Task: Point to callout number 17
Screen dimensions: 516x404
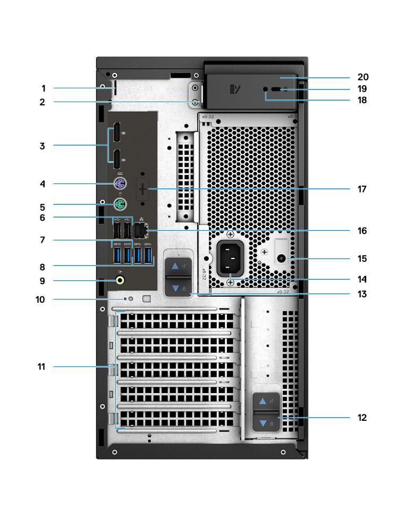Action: pyautogui.click(x=362, y=189)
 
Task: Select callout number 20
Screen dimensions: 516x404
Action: pyautogui.click(x=363, y=77)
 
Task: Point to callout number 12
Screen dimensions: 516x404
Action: pyautogui.click(x=362, y=418)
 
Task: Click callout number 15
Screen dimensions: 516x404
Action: pyautogui.click(x=362, y=259)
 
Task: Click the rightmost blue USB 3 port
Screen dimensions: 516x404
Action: pyautogui.click(x=149, y=255)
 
